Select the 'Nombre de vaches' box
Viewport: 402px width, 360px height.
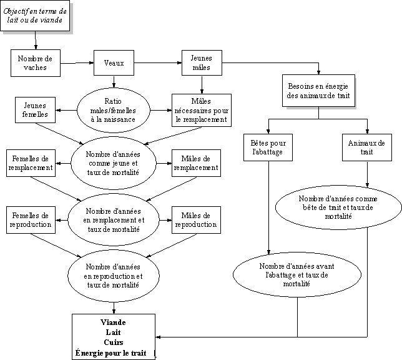(35, 63)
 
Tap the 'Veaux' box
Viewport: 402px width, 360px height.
(114, 62)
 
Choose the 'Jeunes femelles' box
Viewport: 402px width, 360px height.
(35, 110)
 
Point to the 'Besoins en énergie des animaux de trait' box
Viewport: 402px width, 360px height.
(320, 92)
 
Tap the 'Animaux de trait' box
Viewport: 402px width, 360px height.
(367, 148)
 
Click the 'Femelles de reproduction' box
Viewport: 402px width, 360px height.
(30, 220)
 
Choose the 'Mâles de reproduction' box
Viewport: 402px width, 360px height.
(195, 220)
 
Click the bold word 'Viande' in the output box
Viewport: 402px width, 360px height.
(113, 322)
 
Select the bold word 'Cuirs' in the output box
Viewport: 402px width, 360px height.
(113, 342)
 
